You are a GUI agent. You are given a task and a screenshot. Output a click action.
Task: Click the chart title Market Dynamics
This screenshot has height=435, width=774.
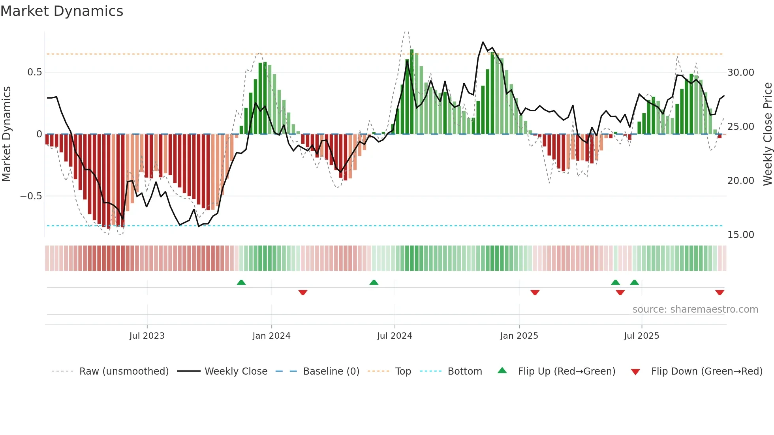(x=62, y=11)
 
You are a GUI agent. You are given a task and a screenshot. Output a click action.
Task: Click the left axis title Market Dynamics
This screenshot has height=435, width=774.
(x=6, y=134)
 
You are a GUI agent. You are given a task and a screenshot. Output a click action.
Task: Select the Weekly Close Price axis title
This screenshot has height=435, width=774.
(x=767, y=134)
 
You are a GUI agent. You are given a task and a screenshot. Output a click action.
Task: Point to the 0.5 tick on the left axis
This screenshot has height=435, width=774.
(x=34, y=72)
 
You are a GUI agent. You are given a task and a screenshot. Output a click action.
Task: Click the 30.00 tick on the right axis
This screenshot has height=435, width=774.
(x=740, y=73)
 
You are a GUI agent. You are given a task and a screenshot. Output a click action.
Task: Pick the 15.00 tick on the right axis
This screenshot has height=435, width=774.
(x=740, y=235)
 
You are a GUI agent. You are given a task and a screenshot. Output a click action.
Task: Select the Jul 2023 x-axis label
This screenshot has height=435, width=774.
(x=147, y=336)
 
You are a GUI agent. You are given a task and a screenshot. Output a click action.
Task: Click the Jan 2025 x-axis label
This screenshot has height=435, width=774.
(x=519, y=336)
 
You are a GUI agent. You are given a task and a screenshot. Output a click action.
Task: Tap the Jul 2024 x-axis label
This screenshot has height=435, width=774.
(x=395, y=336)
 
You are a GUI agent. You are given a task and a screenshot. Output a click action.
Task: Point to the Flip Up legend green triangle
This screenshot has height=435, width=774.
(x=502, y=371)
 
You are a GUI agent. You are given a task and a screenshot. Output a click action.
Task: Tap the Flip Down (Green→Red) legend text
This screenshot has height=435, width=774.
(x=706, y=371)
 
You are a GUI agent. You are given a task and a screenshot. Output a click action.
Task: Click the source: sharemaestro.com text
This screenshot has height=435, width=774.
(x=695, y=309)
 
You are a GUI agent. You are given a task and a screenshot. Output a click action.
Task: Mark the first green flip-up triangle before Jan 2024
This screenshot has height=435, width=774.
(x=241, y=282)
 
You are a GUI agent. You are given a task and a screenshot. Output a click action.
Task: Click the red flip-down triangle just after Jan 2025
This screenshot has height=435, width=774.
(x=535, y=292)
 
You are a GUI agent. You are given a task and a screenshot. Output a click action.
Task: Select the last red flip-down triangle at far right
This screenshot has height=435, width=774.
(x=720, y=292)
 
